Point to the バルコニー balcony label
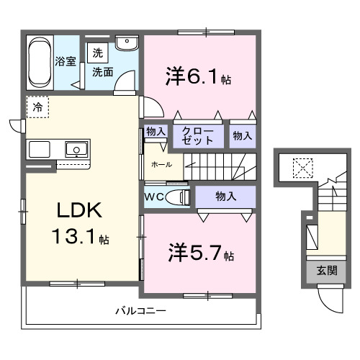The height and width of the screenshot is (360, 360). [x=141, y=311]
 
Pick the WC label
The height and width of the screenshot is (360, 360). [x=155, y=196]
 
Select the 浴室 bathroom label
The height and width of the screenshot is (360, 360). [x=66, y=61]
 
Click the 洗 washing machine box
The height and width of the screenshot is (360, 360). [x=97, y=52]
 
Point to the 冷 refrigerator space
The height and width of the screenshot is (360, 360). [x=37, y=107]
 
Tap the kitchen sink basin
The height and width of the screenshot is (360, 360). [x=76, y=150]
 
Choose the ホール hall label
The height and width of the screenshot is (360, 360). [x=161, y=164]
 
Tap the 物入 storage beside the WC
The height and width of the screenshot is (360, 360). [x=225, y=195]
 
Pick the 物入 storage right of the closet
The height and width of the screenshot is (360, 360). [x=242, y=135]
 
